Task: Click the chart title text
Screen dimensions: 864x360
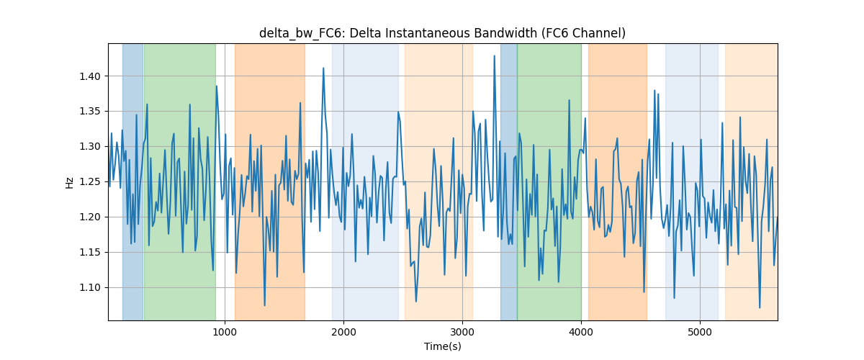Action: pos(442,33)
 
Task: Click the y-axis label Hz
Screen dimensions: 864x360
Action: pos(69,182)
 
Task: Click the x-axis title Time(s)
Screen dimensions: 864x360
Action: pos(442,346)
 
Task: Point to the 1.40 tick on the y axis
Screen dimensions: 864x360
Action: pos(90,76)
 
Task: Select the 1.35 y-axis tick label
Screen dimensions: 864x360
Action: pos(90,112)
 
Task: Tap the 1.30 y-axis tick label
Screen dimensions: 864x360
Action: pos(90,147)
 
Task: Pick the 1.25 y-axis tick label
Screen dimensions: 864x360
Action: pos(90,182)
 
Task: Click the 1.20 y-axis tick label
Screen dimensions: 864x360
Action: pos(90,217)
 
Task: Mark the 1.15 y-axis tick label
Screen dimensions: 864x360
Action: pos(90,253)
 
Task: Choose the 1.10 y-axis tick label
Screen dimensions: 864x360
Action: pos(90,288)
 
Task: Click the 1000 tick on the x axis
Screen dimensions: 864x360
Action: pos(225,332)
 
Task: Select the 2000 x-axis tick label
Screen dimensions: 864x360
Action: pos(343,332)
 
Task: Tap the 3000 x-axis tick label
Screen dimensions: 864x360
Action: pos(462,332)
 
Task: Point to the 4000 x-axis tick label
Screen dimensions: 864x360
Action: pos(581,332)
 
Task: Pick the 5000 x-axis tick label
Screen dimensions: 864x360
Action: pos(700,332)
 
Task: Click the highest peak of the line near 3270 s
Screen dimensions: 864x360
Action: pos(494,56)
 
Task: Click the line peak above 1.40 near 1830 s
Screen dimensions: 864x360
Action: pos(323,68)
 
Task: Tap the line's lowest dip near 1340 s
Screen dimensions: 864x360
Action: pos(265,305)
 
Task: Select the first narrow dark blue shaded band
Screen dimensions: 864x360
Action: pos(132,181)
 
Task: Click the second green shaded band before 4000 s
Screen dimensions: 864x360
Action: pos(549,181)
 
